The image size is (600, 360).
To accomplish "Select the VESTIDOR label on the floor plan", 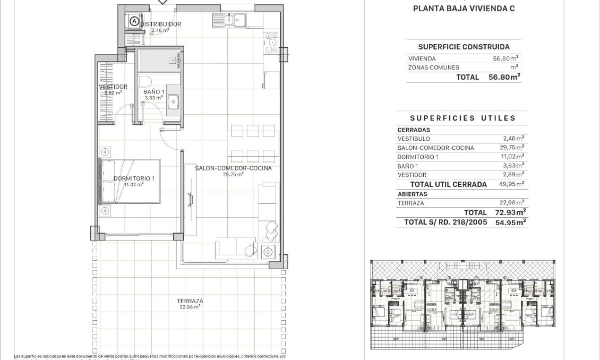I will pyautogui.click(x=113, y=87).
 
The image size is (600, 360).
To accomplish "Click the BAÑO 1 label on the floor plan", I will pyautogui.click(x=153, y=92).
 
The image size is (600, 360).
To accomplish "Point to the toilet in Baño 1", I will pyautogui.click(x=147, y=81).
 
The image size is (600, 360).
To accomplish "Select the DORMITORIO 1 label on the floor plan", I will pyautogui.click(x=134, y=178).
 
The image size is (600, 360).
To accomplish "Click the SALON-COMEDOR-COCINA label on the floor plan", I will pyautogui.click(x=233, y=168).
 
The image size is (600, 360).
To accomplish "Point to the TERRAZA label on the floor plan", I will pyautogui.click(x=190, y=301).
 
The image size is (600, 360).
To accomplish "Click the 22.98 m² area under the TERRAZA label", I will pyautogui.click(x=190, y=307).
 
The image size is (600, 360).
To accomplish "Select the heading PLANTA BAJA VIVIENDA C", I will pyautogui.click(x=464, y=8).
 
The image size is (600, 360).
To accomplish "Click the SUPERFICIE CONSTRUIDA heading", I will pyautogui.click(x=464, y=47).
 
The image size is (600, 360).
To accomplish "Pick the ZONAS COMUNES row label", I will pyautogui.click(x=433, y=67).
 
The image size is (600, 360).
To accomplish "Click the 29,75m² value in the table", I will pyautogui.click(x=510, y=148).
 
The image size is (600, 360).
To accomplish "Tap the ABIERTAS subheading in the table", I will pyautogui.click(x=412, y=194).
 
